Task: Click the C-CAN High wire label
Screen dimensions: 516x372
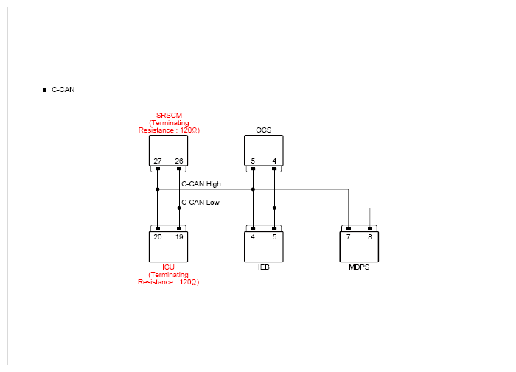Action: point(201,184)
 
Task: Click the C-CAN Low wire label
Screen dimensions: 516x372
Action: point(201,203)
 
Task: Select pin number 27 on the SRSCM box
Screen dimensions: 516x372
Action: point(158,161)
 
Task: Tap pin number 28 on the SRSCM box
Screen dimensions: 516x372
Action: point(179,161)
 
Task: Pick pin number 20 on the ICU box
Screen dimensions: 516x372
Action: point(158,236)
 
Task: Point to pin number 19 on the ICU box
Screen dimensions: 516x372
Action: point(179,236)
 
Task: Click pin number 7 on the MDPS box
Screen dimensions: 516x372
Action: point(349,236)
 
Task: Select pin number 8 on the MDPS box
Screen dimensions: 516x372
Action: point(370,236)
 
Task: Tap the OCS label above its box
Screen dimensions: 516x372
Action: point(264,130)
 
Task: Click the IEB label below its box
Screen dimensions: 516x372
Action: point(264,267)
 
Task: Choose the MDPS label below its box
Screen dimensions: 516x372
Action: point(359,267)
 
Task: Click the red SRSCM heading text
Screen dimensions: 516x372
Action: point(169,116)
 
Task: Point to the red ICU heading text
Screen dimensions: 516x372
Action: point(168,267)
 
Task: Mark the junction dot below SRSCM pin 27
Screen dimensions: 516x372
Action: point(158,189)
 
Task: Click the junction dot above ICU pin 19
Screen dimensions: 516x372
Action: point(179,208)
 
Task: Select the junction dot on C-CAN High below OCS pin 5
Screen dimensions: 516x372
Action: point(253,189)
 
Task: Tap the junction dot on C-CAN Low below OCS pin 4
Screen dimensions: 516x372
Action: point(274,208)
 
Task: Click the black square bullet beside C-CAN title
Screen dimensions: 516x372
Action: point(45,90)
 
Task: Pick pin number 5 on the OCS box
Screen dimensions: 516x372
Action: point(253,161)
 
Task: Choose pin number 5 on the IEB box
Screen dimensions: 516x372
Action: point(274,236)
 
